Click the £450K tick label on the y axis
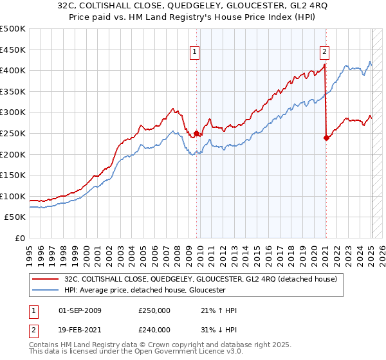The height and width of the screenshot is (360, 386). (x=13, y=50)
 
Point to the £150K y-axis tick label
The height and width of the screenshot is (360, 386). (x=13, y=175)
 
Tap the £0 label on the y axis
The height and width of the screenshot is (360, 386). (x=19, y=238)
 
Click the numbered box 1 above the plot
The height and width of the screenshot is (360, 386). (x=194, y=53)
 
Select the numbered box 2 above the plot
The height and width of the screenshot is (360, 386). (x=324, y=53)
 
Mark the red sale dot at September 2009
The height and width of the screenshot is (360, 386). (x=196, y=133)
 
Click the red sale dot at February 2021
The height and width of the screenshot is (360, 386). (x=326, y=138)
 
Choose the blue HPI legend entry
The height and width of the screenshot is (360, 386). (x=142, y=290)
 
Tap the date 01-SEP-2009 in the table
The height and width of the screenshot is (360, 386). (x=80, y=310)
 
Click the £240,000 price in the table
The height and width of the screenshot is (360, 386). (x=154, y=329)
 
